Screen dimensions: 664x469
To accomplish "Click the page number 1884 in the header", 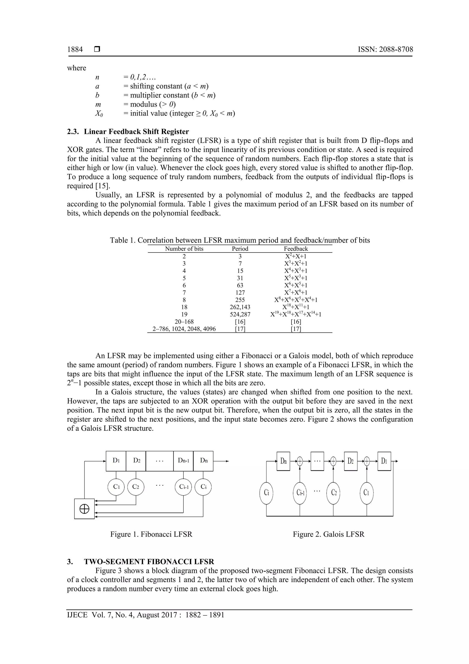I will pyautogui.click(x=75, y=50).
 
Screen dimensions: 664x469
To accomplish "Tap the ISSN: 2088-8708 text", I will pyautogui.click(x=385, y=50).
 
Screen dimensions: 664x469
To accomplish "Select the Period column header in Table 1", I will pyautogui.click(x=240, y=249).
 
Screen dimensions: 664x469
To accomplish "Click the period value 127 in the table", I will pyautogui.click(x=240, y=292).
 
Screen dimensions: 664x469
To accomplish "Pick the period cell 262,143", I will pyautogui.click(x=240, y=307).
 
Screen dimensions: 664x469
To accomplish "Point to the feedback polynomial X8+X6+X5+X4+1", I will pyautogui.click(x=296, y=300).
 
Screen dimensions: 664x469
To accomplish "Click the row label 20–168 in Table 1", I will pyautogui.click(x=184, y=322).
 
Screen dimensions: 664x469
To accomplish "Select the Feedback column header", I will pyautogui.click(x=296, y=249).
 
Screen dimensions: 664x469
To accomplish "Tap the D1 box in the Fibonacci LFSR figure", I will pyautogui.click(x=116, y=461).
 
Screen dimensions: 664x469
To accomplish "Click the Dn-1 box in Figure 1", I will pyautogui.click(x=183, y=461).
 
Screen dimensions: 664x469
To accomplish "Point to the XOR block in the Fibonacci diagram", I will pyautogui.click(x=84, y=509).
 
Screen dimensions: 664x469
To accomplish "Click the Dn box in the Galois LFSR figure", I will pyautogui.click(x=283, y=461).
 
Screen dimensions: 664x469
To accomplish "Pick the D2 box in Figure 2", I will pyautogui.click(x=351, y=461).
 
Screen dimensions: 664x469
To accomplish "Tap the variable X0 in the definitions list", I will pyautogui.click(x=99, y=113).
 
